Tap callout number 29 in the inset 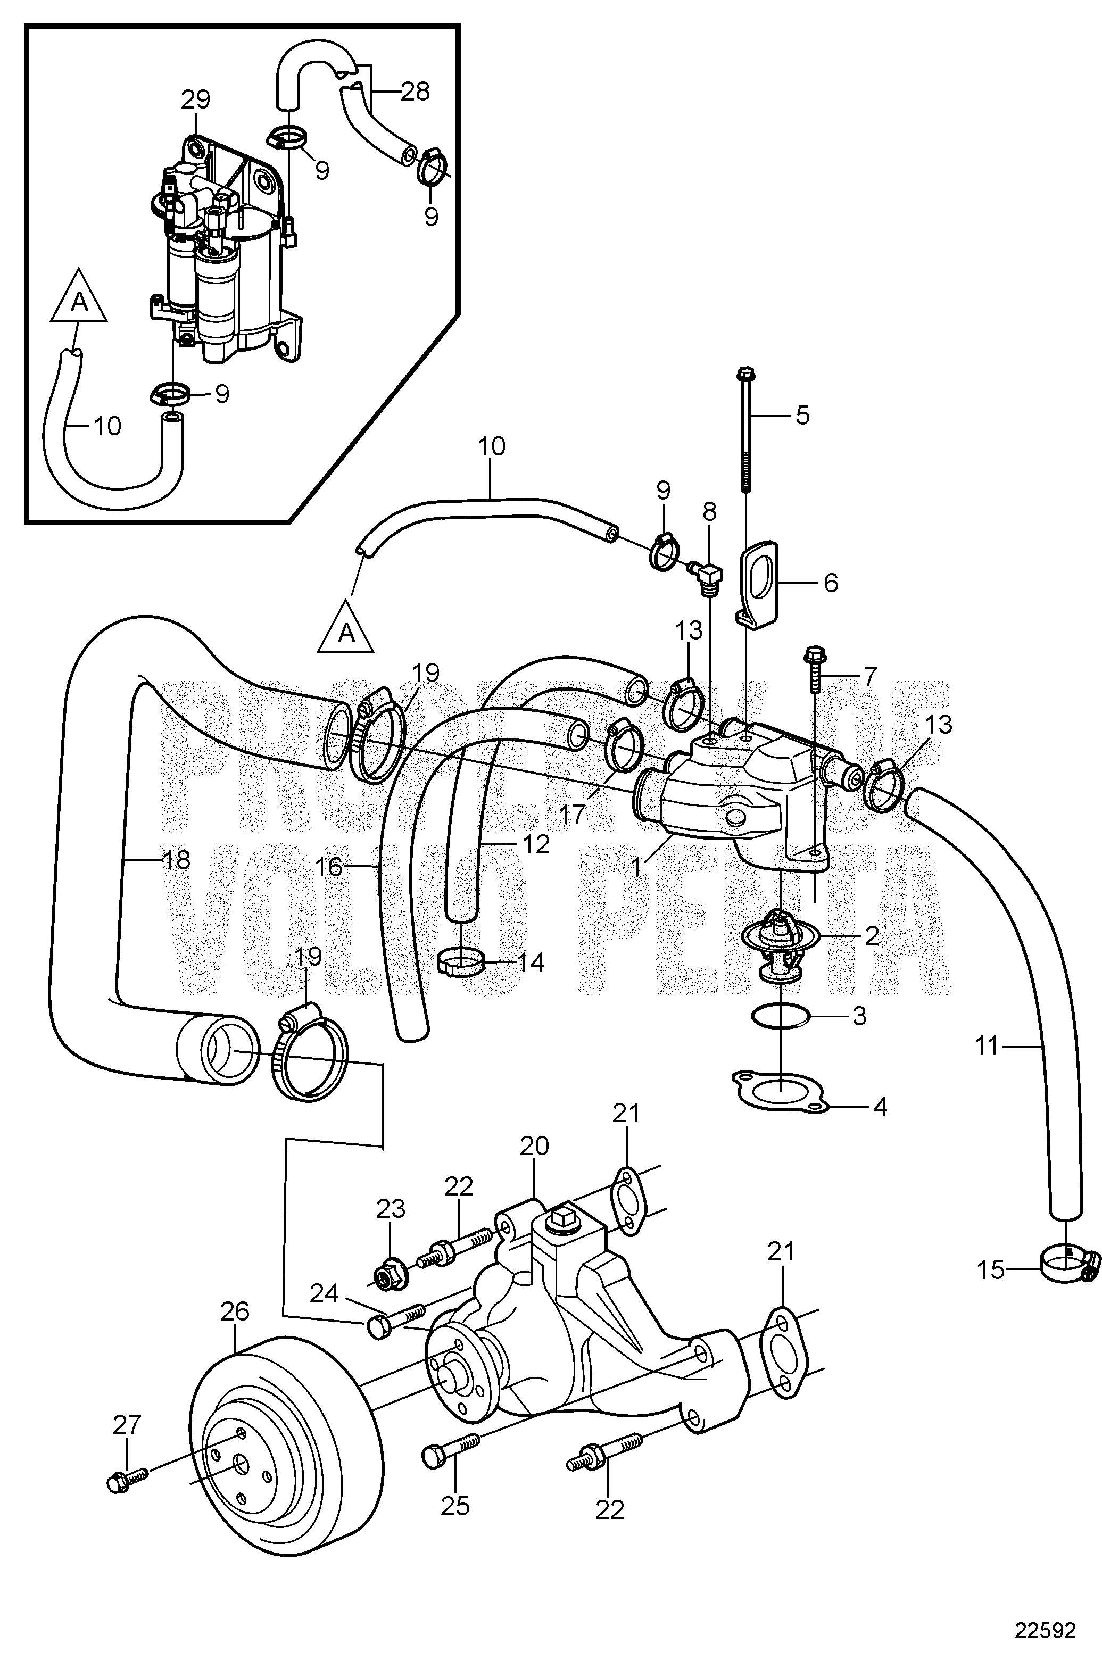click(x=195, y=99)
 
